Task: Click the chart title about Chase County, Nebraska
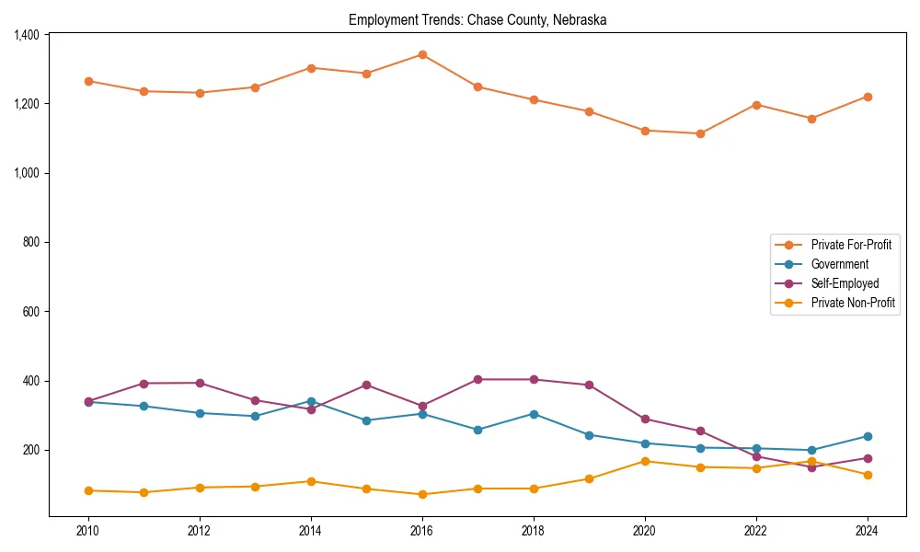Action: (477, 19)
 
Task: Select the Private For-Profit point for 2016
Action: (422, 54)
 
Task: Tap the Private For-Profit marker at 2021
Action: (700, 133)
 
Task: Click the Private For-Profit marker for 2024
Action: (868, 97)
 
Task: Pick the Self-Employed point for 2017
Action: (477, 379)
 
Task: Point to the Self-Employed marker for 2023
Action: (811, 467)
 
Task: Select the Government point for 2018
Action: (534, 414)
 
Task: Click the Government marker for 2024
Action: (868, 436)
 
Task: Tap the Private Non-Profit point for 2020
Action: (645, 461)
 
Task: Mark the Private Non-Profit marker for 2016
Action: (422, 494)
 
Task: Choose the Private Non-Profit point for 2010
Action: (88, 490)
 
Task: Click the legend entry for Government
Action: (839, 264)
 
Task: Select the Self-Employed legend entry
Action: (845, 283)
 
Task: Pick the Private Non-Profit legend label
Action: (853, 303)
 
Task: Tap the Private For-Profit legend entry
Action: (851, 245)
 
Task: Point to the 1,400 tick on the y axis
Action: (27, 35)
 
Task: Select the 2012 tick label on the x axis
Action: (200, 531)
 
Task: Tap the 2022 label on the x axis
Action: (756, 531)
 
